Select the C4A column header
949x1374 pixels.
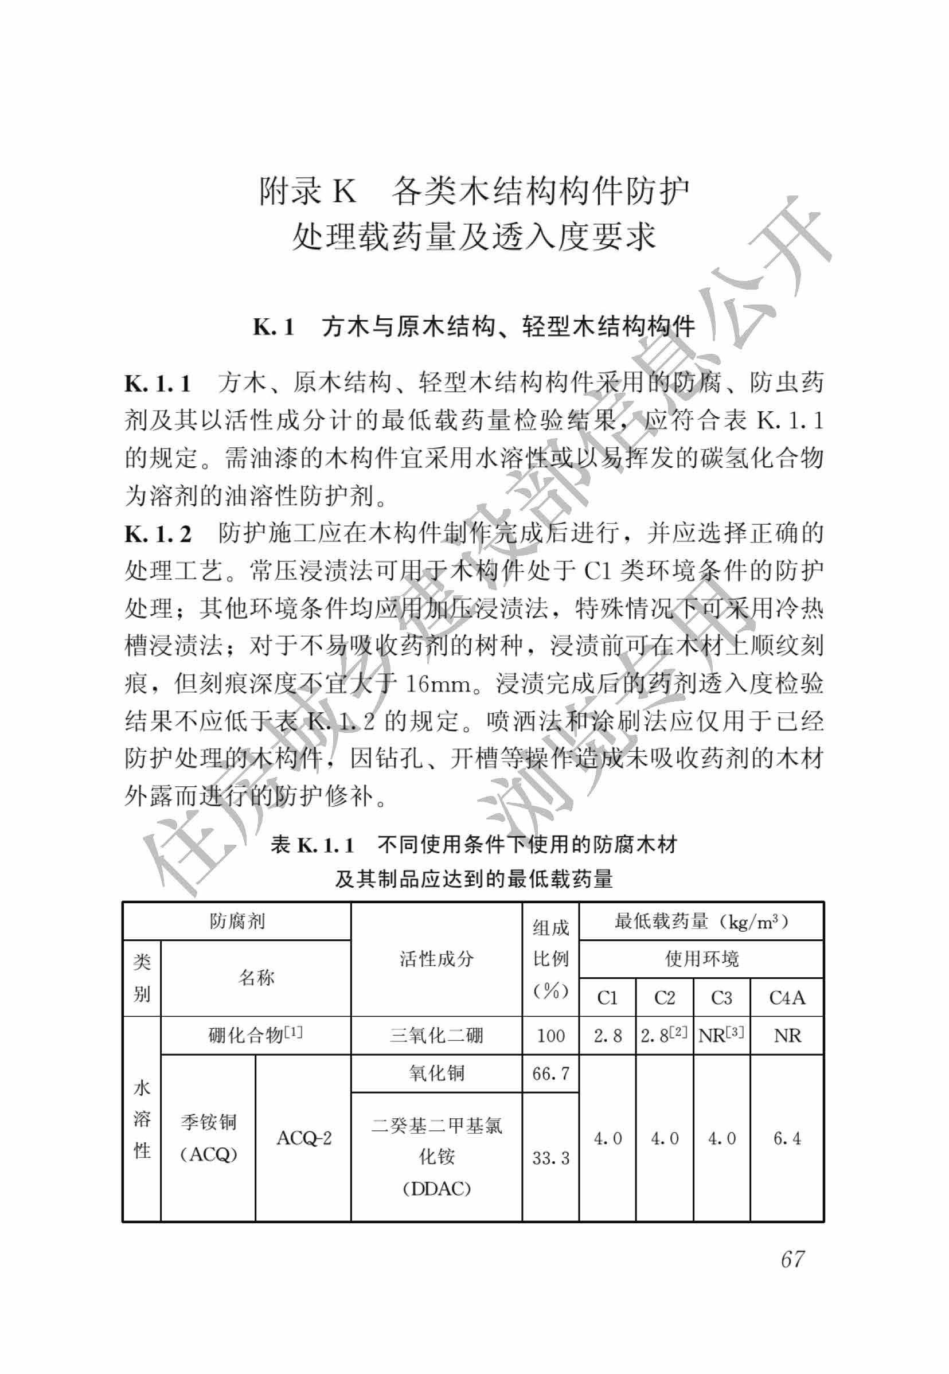pos(787,998)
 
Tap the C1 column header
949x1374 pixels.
pos(607,998)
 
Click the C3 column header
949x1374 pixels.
pos(721,998)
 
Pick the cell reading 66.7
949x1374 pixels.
pos(550,1073)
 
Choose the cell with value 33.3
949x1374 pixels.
pos(550,1158)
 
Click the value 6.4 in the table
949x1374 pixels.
pos(787,1138)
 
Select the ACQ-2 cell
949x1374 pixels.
pos(304,1138)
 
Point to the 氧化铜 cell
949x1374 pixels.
pos(436,1073)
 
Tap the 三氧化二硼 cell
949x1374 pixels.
pos(436,1036)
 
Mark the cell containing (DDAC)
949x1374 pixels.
pos(436,1189)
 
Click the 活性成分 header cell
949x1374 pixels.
pos(436,958)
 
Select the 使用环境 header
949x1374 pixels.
pos(702,958)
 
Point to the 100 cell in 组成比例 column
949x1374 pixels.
pos(550,1036)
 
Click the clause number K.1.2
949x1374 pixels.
pos(158,534)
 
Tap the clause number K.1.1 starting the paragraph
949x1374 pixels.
pos(158,384)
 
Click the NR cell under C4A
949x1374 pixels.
pos(787,1036)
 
